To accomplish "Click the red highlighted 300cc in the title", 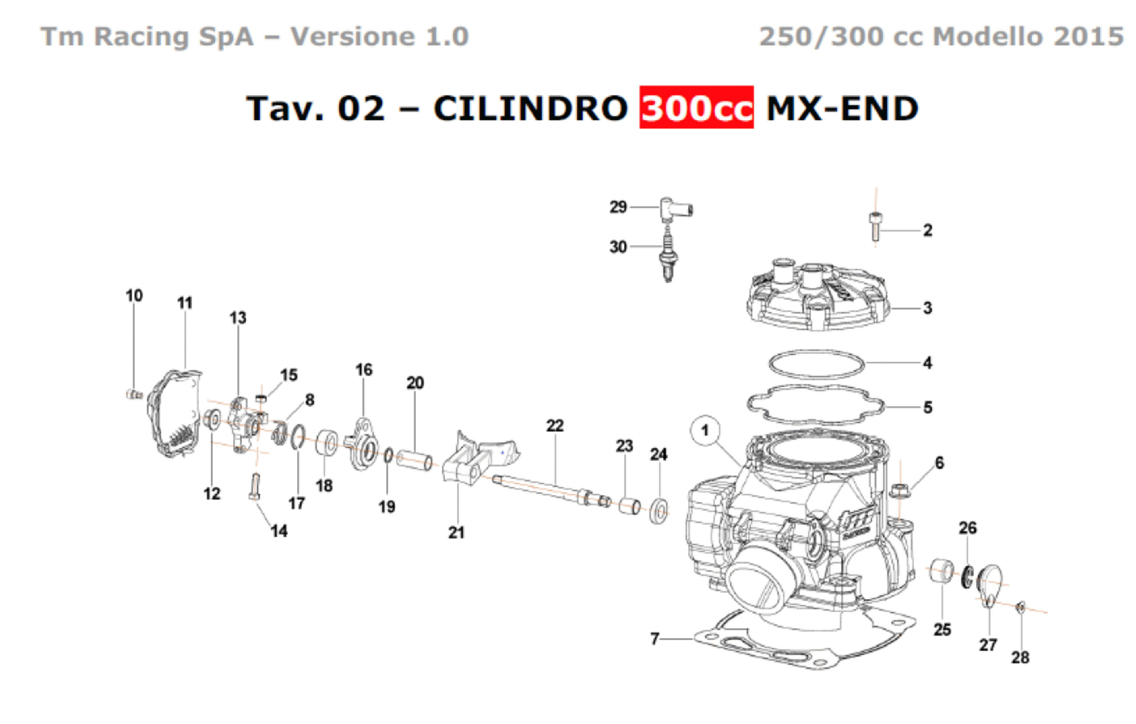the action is pos(696,107).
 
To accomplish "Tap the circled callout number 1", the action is pos(705,430).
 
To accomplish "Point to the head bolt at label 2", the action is pos(875,227).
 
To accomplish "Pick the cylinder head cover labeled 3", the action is pos(818,294).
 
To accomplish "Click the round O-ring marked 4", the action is pos(817,364).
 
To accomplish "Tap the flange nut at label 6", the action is pos(899,490).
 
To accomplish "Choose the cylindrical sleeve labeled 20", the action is pos(414,461).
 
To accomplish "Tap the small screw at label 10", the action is pos(134,394).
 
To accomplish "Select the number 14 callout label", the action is pos(279,531).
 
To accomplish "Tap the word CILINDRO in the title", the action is pos(531,108).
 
